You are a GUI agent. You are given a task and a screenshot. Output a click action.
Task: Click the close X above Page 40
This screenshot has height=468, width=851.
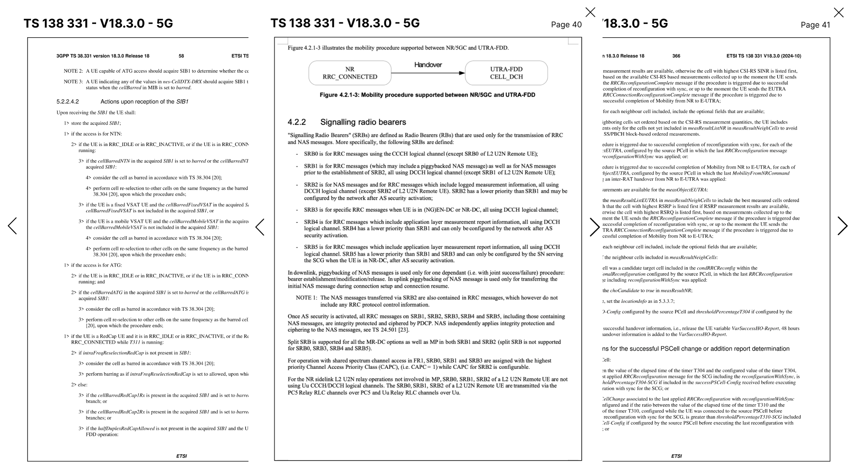tap(590, 12)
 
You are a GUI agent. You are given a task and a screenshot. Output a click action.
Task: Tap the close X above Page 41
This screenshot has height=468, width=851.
tap(838, 13)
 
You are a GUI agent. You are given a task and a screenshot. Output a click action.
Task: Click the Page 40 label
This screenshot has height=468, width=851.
tap(566, 25)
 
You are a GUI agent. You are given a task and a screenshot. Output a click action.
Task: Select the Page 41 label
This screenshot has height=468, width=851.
tap(815, 25)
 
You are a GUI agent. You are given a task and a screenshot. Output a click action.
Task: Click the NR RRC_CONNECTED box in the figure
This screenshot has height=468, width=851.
tap(350, 73)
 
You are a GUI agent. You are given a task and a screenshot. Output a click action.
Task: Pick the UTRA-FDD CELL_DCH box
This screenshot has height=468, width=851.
tap(506, 73)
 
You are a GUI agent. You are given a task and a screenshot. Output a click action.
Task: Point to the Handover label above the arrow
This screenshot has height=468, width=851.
tap(428, 65)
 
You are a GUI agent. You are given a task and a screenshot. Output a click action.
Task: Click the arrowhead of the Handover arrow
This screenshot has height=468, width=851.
tap(462, 73)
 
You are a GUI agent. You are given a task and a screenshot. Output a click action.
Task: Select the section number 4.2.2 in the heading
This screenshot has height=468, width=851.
tap(297, 122)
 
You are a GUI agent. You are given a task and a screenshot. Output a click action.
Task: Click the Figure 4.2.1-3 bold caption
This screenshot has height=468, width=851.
tap(427, 95)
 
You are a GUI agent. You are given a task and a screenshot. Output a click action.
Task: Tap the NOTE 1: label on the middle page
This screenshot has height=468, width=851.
tap(306, 298)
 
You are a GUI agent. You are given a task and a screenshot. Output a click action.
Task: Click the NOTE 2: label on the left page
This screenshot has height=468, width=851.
tap(73, 71)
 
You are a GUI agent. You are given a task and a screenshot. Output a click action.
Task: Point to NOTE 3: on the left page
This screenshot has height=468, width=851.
tap(73, 81)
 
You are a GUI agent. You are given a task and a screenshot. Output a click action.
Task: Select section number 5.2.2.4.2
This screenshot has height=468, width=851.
tap(68, 102)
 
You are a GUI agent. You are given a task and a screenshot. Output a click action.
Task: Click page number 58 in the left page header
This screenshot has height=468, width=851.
tap(181, 56)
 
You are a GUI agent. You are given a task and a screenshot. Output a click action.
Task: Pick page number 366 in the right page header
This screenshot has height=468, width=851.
tap(676, 56)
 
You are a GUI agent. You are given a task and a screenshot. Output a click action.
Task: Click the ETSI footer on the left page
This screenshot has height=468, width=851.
tap(181, 456)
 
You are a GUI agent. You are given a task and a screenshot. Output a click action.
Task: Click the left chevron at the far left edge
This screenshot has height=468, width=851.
tap(12, 226)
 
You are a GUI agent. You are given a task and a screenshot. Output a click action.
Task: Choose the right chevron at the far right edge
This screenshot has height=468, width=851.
tap(842, 226)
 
